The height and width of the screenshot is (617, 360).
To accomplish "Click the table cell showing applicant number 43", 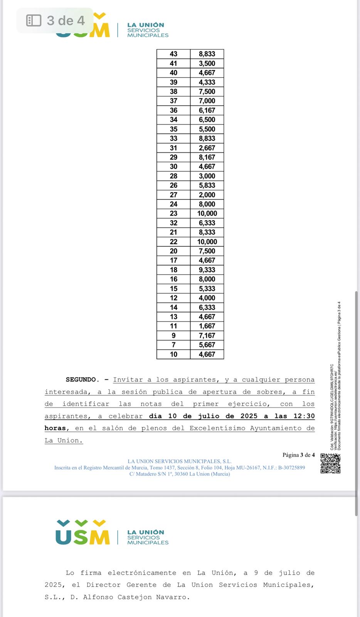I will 173,54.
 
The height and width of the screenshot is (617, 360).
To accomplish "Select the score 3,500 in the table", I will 207,64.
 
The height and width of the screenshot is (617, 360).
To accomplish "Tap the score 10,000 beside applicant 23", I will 207,214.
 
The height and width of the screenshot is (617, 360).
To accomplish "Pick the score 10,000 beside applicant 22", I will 207,242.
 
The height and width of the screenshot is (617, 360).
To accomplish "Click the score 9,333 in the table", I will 207,270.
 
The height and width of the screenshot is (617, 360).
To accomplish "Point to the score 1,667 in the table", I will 207,326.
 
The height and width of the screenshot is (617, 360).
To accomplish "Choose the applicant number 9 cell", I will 173,335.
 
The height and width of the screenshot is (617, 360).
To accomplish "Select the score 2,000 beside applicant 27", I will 207,195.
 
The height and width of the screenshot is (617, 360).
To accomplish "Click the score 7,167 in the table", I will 207,335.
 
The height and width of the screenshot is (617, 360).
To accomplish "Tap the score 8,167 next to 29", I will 207,157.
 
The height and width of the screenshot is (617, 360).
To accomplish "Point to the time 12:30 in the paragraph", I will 304,416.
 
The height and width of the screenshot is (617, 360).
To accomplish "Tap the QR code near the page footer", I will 330,464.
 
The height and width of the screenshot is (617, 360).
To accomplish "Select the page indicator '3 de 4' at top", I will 66,20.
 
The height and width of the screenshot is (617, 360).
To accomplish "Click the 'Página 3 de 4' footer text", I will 298,455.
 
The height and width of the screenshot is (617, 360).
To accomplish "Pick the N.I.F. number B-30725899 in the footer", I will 291,468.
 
